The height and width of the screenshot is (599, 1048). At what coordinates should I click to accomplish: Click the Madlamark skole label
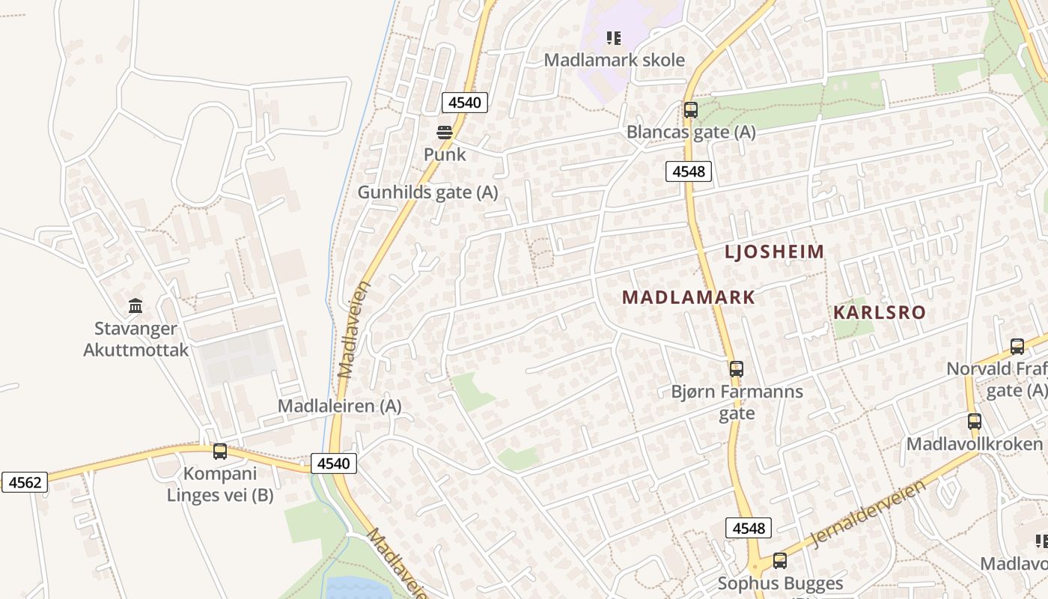pyautogui.click(x=614, y=60)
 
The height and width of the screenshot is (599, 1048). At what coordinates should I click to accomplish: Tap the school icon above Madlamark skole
pyautogui.click(x=614, y=37)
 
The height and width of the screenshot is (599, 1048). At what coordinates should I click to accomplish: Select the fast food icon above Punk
pyautogui.click(x=445, y=133)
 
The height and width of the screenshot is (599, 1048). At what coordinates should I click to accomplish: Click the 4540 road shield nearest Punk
pyautogui.click(x=465, y=103)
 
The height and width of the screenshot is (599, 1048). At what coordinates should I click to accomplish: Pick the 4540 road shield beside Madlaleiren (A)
pyautogui.click(x=333, y=463)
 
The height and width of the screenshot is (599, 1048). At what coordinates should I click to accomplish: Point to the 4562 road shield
pyautogui.click(x=25, y=482)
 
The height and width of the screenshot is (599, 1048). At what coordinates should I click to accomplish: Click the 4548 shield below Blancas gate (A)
pyautogui.click(x=688, y=171)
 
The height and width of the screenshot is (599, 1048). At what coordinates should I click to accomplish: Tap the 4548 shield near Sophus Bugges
pyautogui.click(x=748, y=528)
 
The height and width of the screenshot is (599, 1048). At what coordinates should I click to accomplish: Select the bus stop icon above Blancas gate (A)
pyautogui.click(x=690, y=110)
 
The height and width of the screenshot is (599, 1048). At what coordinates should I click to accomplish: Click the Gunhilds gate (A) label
pyautogui.click(x=427, y=192)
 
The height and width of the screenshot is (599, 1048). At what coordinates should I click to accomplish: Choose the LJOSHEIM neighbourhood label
pyautogui.click(x=774, y=252)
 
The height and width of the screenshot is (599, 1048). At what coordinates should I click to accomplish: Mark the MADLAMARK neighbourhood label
pyautogui.click(x=689, y=297)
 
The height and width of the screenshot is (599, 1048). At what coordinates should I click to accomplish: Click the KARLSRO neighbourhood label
pyautogui.click(x=880, y=312)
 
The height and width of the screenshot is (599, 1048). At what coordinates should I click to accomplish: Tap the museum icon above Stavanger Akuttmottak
pyautogui.click(x=135, y=305)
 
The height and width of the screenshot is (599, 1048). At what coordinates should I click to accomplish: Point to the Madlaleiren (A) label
pyautogui.click(x=339, y=406)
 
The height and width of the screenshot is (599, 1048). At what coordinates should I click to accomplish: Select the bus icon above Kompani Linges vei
pyautogui.click(x=219, y=451)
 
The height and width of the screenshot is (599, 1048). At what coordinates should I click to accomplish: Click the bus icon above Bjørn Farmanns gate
pyautogui.click(x=736, y=368)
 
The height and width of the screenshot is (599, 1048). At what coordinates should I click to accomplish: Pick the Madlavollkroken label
pyautogui.click(x=974, y=443)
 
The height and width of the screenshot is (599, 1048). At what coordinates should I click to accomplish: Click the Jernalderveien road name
pyautogui.click(x=868, y=515)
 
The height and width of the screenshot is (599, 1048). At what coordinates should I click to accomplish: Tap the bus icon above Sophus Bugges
pyautogui.click(x=779, y=560)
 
